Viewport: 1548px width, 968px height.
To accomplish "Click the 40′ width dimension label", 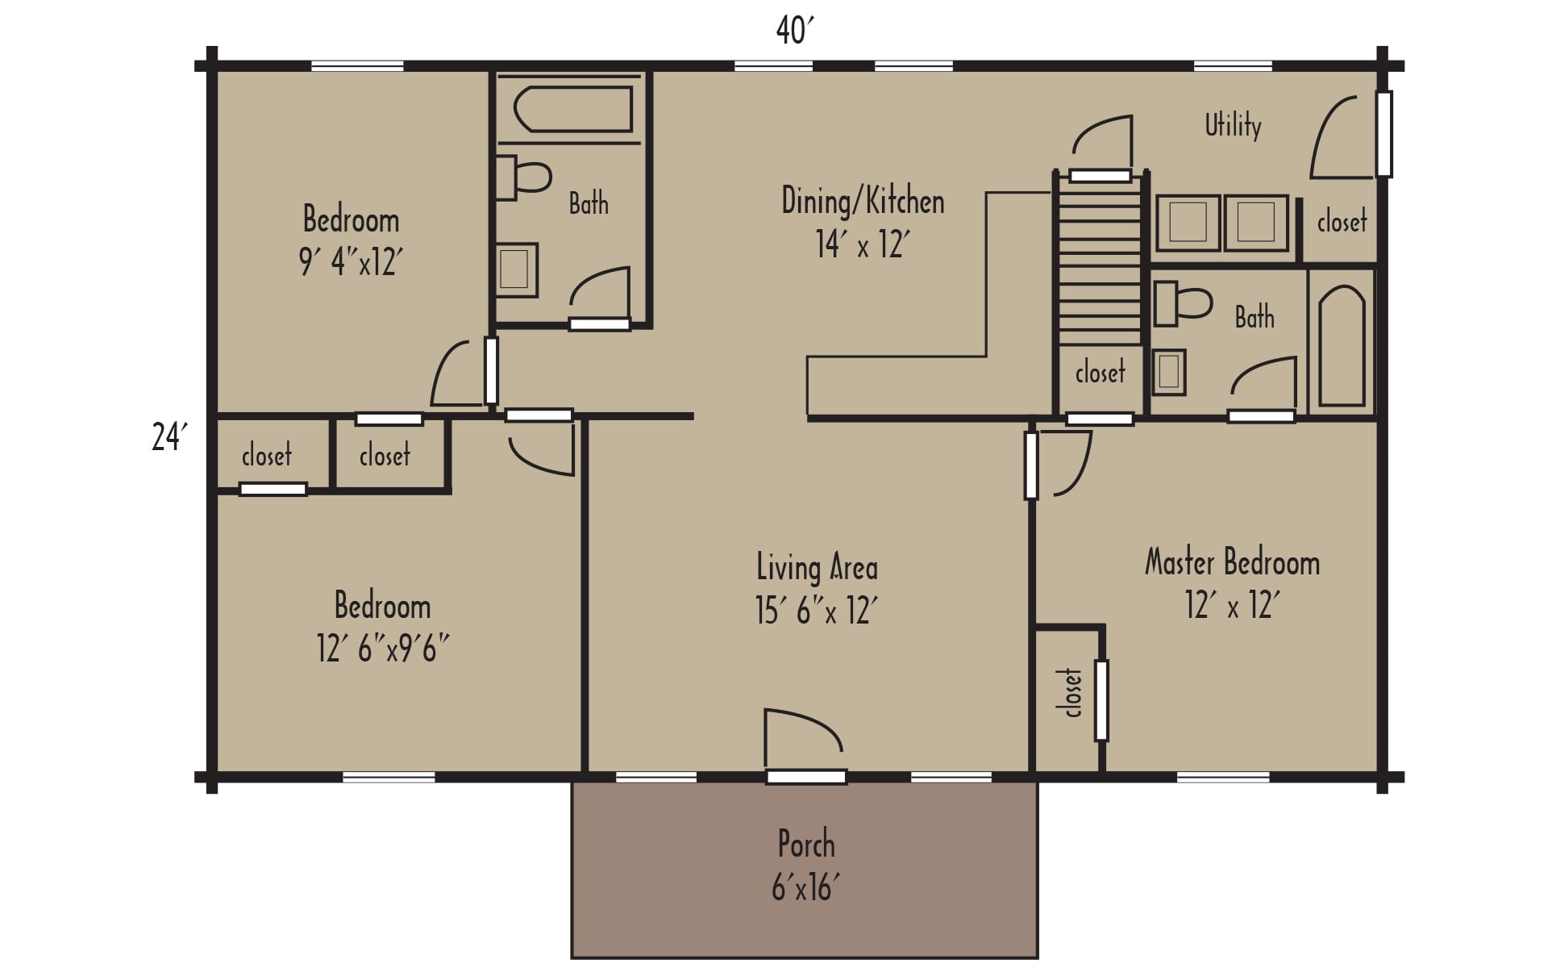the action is point(795,31).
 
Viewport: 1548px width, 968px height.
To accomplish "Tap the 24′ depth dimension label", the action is point(170,436).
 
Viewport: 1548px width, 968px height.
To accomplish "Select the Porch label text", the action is point(806,844).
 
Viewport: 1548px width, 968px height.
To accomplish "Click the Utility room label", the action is point(1233,126).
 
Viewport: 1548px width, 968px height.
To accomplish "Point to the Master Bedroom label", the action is point(1233,562).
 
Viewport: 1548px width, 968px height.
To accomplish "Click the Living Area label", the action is point(817,568).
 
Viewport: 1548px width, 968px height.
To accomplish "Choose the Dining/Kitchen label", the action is point(863,201).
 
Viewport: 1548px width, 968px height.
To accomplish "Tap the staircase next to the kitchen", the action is point(1100,257).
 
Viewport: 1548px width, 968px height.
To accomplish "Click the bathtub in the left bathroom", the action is point(572,109).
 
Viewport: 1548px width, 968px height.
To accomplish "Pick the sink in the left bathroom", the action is point(515,269).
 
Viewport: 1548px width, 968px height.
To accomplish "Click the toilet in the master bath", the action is point(1183,303).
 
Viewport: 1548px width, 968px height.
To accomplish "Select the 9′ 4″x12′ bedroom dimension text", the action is point(351,261).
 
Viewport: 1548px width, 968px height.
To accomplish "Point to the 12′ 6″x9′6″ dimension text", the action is point(382,648).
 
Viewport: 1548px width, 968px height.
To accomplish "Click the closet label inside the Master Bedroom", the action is point(1069,692).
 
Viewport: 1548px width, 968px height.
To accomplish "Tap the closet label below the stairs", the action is point(1100,373).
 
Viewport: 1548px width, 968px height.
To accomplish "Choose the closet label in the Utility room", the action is point(1342,221).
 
